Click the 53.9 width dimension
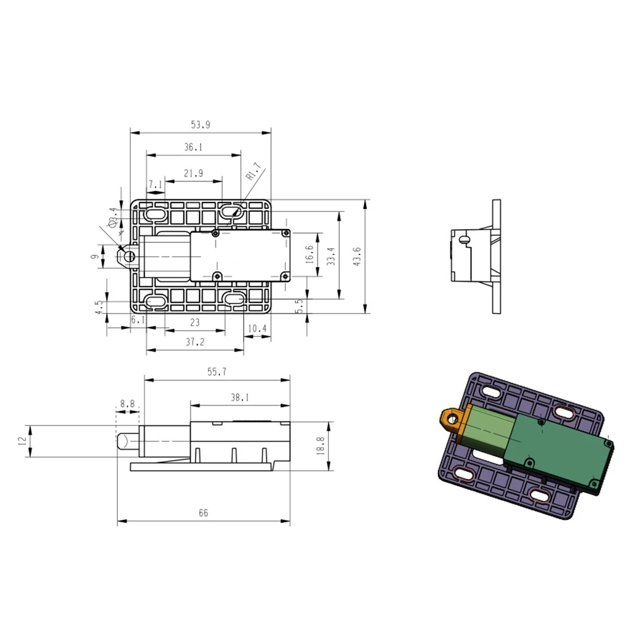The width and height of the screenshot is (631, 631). (200, 126)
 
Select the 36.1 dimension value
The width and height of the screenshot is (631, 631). (193, 147)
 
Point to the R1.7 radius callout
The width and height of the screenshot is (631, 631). (252, 171)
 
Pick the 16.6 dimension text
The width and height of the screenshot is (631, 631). (309, 256)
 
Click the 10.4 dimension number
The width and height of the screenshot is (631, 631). (257, 329)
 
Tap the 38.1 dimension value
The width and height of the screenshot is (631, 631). (240, 398)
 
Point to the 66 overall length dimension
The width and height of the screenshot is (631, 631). (203, 513)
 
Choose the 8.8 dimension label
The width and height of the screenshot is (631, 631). (127, 403)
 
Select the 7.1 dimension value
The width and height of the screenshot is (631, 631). (155, 184)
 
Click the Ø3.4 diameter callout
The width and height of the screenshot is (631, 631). (112, 217)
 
